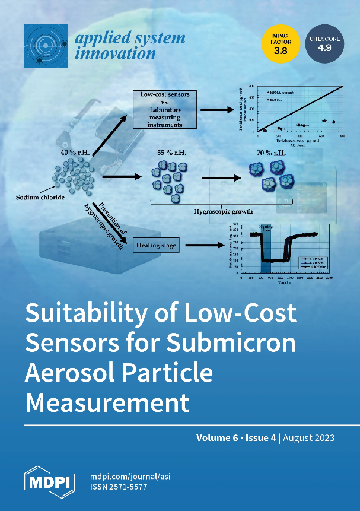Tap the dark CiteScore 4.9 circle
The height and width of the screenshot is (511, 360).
tap(324, 45)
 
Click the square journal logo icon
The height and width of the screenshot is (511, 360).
tap(45, 46)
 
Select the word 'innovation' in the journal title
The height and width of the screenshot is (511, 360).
tap(116, 53)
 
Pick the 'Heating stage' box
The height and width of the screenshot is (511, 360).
tap(155, 245)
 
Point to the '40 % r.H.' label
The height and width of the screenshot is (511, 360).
tap(74, 153)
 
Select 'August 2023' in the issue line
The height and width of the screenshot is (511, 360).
tap(309, 438)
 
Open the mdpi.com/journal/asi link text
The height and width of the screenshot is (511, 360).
tap(130, 476)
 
